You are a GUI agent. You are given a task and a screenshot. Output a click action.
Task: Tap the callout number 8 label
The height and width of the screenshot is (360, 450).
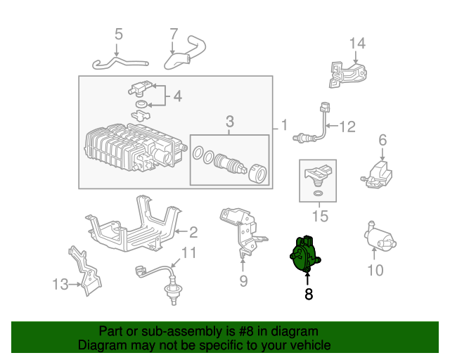(x=308, y=295)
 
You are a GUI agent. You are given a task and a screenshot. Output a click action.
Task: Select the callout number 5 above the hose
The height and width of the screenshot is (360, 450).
(x=118, y=34)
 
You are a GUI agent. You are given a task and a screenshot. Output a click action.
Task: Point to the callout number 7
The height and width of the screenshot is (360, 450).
(x=174, y=33)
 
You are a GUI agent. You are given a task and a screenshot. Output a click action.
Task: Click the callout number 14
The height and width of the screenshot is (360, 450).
(x=357, y=44)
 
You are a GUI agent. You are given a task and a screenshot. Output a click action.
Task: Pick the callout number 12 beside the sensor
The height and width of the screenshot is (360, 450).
(x=347, y=127)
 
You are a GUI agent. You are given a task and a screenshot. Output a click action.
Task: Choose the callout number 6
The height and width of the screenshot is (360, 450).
(x=382, y=141)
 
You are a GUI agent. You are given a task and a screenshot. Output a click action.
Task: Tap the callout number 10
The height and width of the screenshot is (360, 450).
(x=375, y=269)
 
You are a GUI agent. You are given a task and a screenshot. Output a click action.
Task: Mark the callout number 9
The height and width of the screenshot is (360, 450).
(x=243, y=282)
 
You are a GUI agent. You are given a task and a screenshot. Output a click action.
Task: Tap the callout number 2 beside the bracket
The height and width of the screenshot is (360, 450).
(x=193, y=231)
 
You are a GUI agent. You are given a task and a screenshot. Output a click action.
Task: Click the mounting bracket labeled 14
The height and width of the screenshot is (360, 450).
(x=348, y=73)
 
